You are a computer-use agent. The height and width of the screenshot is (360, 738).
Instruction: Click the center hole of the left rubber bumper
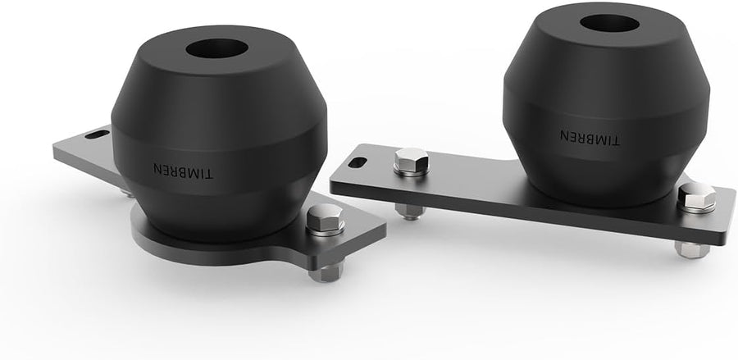(x=217, y=48)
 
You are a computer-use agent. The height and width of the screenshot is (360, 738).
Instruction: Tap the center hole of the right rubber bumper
(x=609, y=23)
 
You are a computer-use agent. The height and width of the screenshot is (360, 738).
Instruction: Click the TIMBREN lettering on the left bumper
(x=183, y=171)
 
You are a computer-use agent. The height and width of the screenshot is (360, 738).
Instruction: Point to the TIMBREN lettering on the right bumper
(x=590, y=138)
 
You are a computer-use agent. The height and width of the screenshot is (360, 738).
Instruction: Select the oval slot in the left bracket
(x=98, y=134)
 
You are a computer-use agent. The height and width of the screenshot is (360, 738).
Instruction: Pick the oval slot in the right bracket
(x=358, y=163)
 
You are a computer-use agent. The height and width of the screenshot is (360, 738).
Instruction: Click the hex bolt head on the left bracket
(x=326, y=216)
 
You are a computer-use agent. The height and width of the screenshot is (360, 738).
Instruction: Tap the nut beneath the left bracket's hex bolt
(x=326, y=273)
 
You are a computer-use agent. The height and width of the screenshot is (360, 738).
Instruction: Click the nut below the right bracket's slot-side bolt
(x=409, y=212)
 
